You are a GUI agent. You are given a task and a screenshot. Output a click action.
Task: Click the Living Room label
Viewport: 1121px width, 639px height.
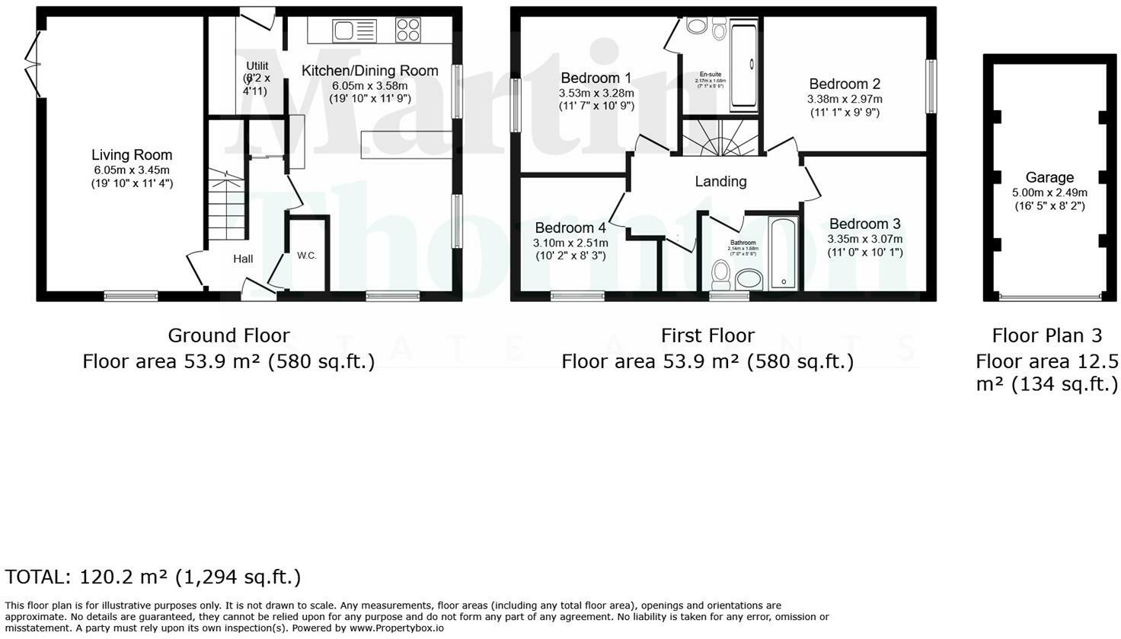132,155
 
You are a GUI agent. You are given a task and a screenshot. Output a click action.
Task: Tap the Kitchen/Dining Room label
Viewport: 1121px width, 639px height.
370,71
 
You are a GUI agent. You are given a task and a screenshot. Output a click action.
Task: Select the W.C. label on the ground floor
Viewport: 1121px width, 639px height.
307,256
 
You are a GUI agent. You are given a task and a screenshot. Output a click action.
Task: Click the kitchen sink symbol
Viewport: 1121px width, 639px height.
354,31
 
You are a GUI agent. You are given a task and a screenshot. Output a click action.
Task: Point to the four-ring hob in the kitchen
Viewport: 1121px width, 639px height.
408,30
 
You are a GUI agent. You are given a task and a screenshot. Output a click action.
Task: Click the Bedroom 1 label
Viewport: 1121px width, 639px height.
596,78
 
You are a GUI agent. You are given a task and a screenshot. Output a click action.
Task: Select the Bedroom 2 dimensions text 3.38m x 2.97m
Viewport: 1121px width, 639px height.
845,99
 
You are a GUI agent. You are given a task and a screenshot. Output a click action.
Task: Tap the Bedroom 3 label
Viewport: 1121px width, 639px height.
864,224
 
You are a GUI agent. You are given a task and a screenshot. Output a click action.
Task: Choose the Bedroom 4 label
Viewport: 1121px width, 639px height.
570,227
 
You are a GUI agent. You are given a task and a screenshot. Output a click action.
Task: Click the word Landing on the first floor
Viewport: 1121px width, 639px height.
720,181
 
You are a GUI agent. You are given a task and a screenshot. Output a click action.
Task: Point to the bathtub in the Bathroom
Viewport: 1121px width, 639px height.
783,253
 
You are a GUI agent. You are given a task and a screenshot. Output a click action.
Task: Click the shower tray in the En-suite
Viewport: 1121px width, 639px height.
744,67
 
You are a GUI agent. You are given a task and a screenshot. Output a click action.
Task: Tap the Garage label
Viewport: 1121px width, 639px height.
1049,178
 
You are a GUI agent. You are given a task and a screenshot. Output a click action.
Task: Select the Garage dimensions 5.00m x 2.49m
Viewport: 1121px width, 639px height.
1049,192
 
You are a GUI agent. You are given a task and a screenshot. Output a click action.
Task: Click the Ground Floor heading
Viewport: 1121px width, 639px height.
228,335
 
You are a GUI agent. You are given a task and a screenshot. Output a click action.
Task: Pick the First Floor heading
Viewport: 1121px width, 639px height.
707,335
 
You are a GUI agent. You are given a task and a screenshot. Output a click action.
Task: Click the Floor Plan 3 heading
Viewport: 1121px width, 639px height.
1046,335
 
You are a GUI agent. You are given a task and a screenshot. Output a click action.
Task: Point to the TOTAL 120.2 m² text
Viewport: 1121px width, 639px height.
153,577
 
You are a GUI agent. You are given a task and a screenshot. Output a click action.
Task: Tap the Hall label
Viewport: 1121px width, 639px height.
243,259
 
